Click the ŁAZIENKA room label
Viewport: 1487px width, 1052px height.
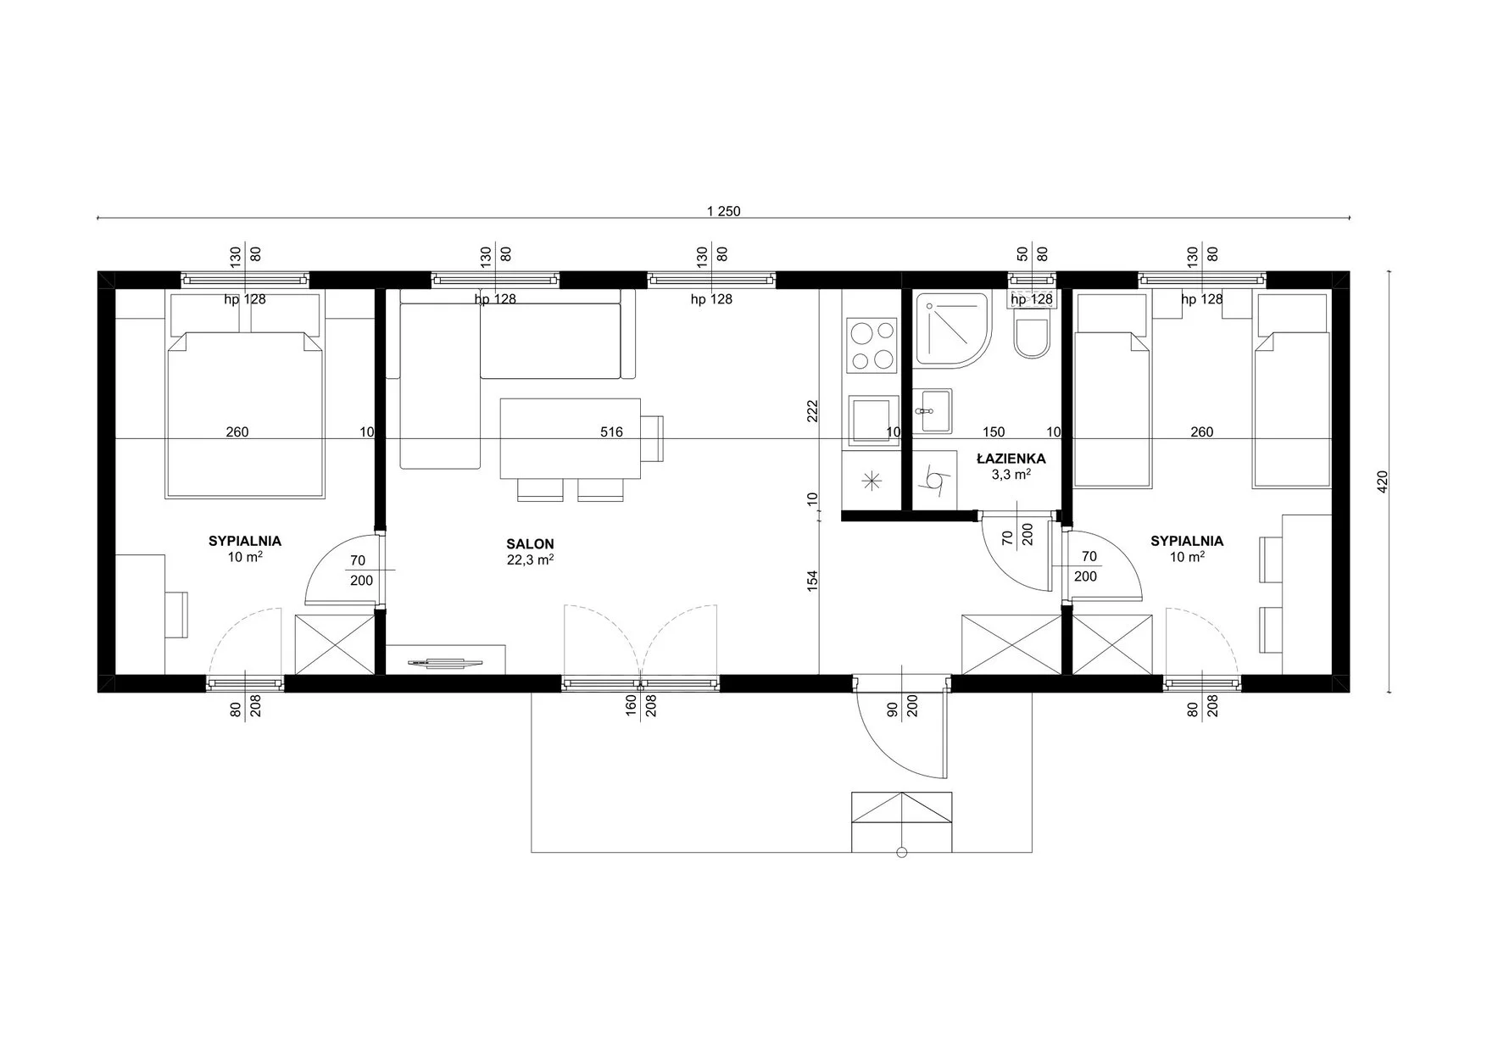[1011, 459]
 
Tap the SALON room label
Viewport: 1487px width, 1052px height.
[530, 544]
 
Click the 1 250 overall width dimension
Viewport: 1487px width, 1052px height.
[723, 211]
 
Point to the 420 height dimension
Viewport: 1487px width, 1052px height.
[1383, 481]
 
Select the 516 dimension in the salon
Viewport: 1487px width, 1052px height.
[611, 432]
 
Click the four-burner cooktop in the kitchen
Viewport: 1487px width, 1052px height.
[872, 346]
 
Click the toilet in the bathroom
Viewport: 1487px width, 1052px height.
[1032, 335]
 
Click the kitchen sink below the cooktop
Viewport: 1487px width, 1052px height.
[873, 420]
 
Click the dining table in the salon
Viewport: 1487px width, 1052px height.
[571, 438]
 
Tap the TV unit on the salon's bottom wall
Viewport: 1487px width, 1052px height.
[446, 660]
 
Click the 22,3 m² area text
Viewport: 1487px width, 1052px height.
[530, 559]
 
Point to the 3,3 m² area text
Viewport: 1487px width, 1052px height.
[1011, 475]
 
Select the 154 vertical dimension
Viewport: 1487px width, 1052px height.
[812, 581]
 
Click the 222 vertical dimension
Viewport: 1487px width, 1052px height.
[812, 410]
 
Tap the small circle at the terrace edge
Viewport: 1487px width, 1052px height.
[901, 853]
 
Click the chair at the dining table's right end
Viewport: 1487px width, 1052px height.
[653, 438]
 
